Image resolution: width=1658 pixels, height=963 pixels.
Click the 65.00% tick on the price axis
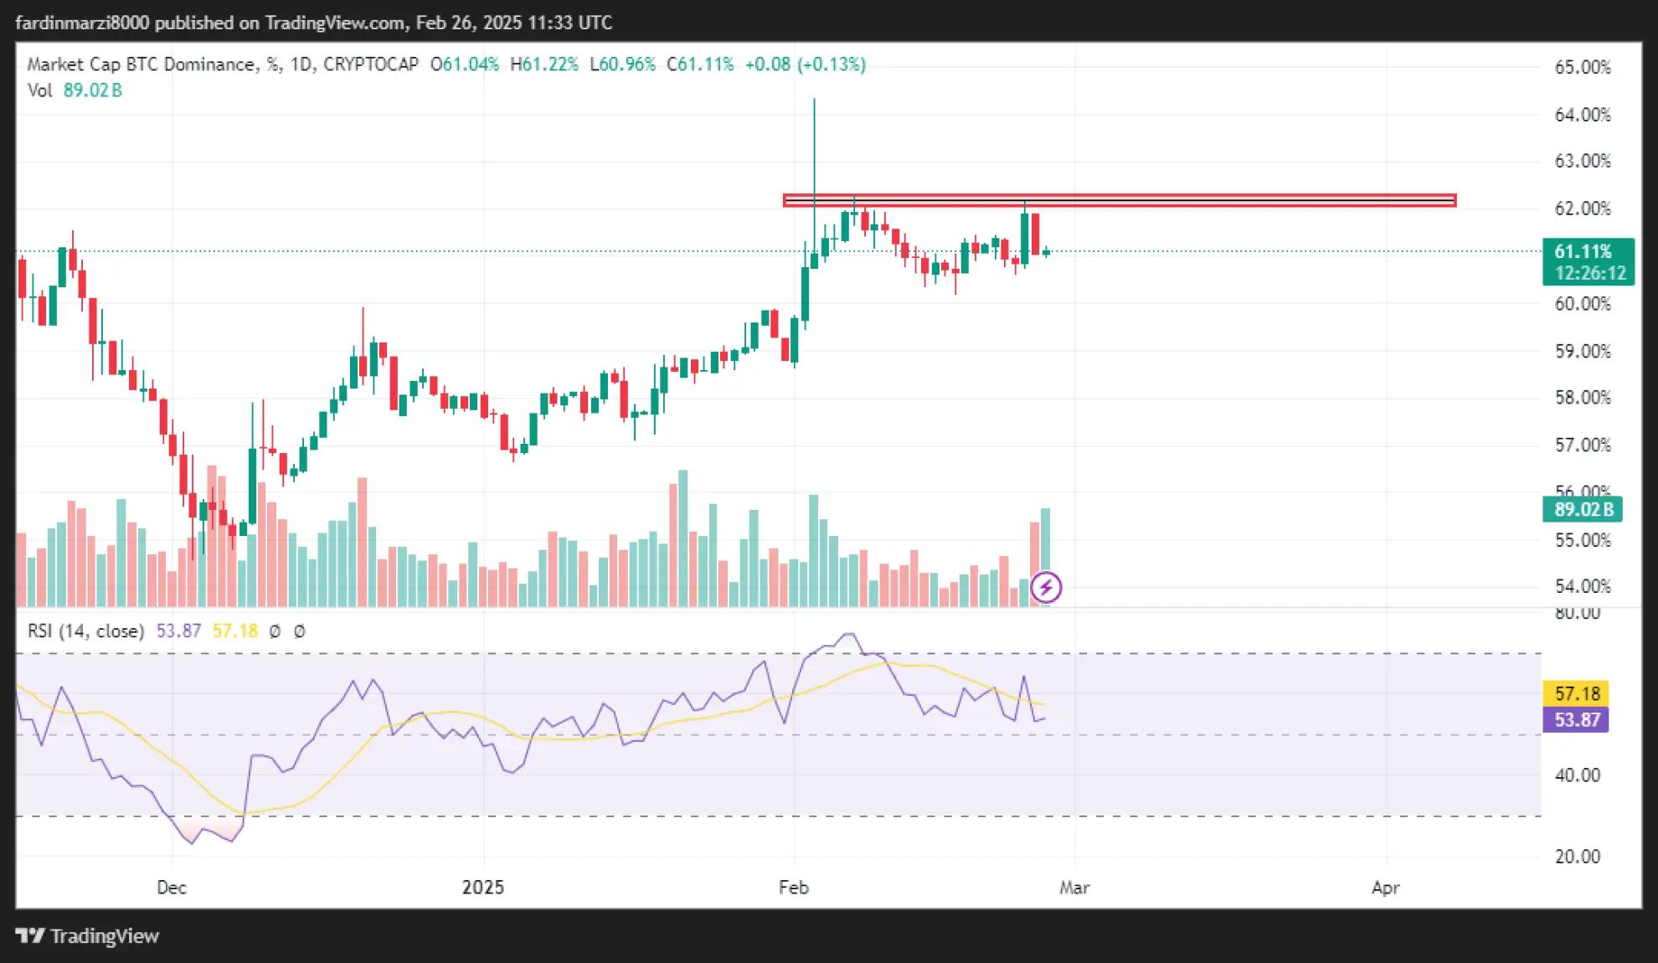(x=1582, y=67)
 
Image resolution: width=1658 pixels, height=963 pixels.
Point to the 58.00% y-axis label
(x=1582, y=398)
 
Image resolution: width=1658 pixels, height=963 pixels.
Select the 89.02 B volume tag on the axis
(x=1582, y=509)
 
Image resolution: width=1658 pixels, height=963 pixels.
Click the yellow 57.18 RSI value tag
(x=1576, y=693)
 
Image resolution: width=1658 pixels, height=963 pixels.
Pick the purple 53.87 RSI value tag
(x=1576, y=719)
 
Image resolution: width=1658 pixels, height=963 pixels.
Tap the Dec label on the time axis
(x=171, y=888)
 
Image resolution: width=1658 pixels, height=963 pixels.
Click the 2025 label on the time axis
(x=483, y=888)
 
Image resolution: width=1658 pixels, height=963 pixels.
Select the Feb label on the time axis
(x=793, y=888)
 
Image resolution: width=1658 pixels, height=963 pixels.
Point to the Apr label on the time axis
(x=1386, y=888)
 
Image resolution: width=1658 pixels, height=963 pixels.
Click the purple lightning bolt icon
(x=1046, y=587)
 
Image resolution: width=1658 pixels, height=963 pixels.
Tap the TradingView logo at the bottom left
(x=87, y=936)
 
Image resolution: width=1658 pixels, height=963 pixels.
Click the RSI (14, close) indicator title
(x=85, y=631)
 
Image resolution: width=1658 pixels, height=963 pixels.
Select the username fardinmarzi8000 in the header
(x=82, y=23)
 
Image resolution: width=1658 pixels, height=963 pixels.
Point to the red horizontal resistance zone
(x=1120, y=200)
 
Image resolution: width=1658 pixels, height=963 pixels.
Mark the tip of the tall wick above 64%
(x=814, y=100)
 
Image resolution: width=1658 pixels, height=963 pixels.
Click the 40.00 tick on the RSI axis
(x=1577, y=775)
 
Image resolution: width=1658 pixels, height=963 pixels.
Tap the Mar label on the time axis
(x=1074, y=888)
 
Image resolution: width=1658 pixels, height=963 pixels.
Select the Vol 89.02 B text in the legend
(x=75, y=90)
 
